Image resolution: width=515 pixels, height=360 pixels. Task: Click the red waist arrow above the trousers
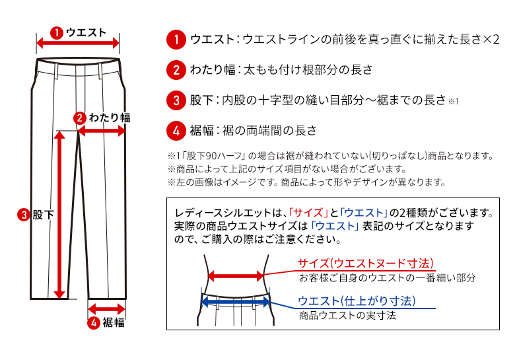click(x=78, y=44)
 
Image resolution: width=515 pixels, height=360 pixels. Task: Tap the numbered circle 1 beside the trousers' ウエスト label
click(x=57, y=32)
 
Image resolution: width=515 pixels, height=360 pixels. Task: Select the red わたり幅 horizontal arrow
click(x=102, y=131)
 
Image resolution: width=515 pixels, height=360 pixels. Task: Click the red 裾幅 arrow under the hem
click(x=106, y=308)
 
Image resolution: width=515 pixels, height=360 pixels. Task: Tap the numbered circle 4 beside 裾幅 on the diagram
click(x=94, y=322)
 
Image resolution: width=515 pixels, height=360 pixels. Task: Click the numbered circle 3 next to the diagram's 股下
click(x=24, y=215)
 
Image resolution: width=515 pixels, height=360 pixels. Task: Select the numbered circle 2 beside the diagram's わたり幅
click(x=79, y=118)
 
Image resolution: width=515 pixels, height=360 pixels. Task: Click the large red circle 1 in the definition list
click(x=176, y=39)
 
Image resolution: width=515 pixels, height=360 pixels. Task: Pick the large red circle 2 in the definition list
click(x=176, y=69)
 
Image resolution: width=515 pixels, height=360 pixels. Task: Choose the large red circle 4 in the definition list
click(x=176, y=130)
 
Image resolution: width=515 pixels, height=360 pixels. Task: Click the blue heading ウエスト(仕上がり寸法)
click(x=357, y=301)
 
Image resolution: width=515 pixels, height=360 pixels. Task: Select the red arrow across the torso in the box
click(x=236, y=277)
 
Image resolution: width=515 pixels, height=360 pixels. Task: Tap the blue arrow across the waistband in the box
click(x=236, y=302)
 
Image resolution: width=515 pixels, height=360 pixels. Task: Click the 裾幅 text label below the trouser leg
click(x=113, y=323)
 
